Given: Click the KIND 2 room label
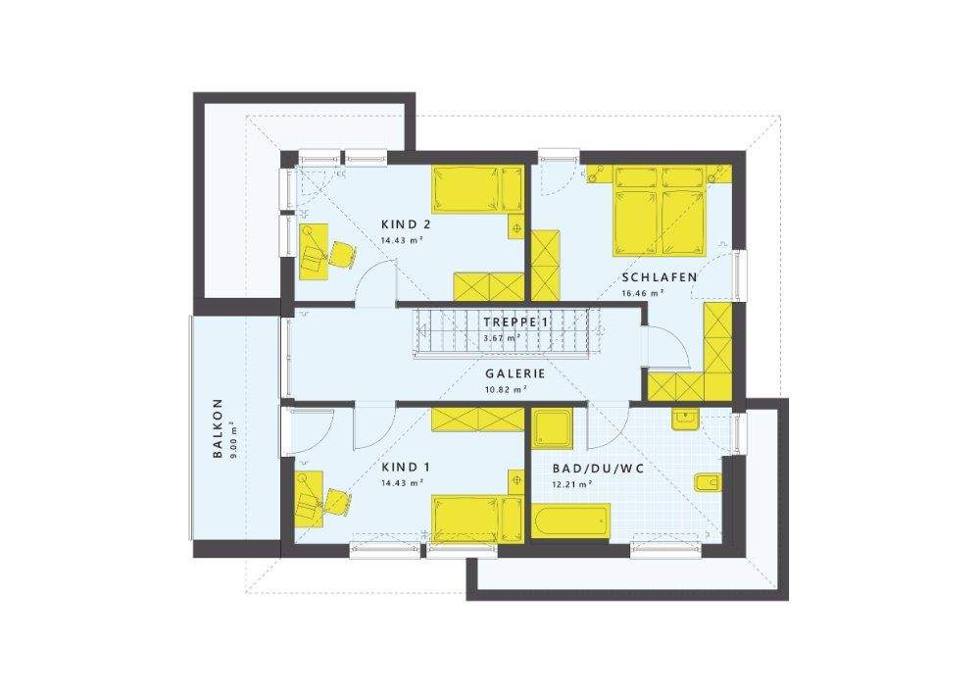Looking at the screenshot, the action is coord(407,224).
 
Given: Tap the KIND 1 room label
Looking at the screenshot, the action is coord(407,468).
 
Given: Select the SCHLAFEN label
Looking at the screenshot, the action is coord(660,277).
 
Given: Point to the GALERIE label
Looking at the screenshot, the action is coord(515,373).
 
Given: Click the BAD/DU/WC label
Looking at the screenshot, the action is coord(598,469).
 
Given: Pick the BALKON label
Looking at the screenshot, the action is coord(218,428).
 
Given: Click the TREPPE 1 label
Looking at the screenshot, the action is coord(515,322).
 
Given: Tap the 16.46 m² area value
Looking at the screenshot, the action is coord(643,292).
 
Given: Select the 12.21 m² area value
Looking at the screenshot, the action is coord(572,483).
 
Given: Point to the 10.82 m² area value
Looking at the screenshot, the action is coord(506,389).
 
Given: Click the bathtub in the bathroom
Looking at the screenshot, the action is coord(570,520).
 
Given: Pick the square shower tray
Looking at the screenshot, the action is coord(551,428).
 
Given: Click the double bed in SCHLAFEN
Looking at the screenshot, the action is coord(660,211).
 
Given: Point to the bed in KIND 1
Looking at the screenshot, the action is coord(478,518).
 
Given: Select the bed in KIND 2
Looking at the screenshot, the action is coord(478,189).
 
